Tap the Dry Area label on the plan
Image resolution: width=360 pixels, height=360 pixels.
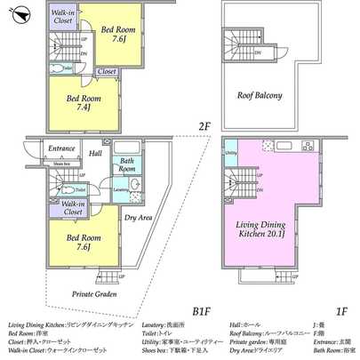tap(137, 216)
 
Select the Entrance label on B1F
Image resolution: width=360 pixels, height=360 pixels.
tap(61, 148)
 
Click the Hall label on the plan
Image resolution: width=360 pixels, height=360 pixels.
tap(95, 153)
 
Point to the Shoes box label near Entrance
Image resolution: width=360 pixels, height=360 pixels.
tap(61, 164)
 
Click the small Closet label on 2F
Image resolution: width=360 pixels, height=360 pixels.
tap(106, 71)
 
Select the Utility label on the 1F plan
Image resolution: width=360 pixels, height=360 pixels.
tap(230, 154)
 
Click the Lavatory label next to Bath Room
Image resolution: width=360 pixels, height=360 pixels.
tap(120, 189)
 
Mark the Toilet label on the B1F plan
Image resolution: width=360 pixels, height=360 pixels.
tap(79, 189)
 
